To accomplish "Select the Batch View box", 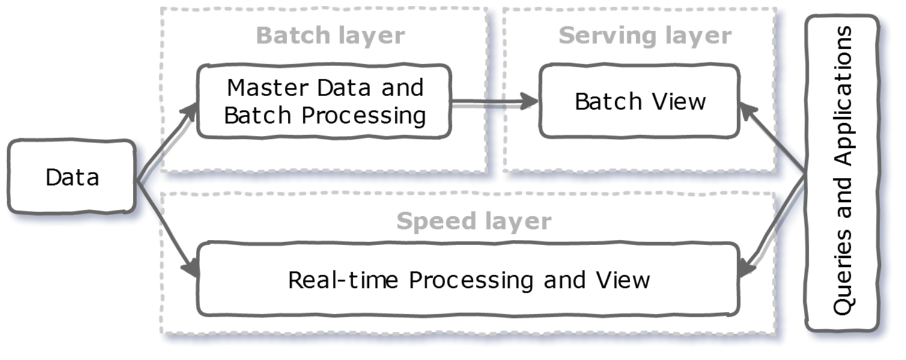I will coord(639,102).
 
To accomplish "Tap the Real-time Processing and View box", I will coord(468,280).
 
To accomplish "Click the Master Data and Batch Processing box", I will coord(324,102).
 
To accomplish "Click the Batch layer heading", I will coord(330,36).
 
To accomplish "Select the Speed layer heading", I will coord(473,222).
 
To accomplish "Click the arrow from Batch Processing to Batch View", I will coord(493,102).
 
